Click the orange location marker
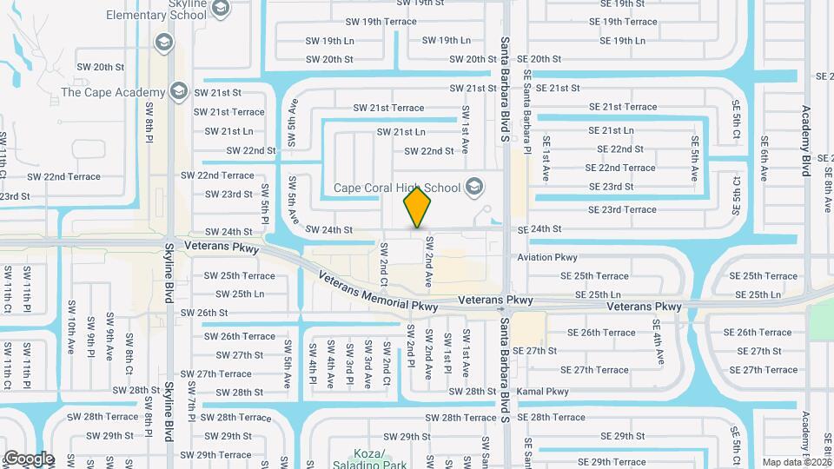[x=418, y=208]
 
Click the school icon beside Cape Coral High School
[x=474, y=185]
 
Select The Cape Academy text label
[x=113, y=93]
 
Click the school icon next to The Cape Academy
[x=179, y=91]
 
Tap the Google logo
[x=28, y=458]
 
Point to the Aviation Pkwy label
[x=547, y=258]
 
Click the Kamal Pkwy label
[x=542, y=392]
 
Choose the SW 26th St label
[x=204, y=313]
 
